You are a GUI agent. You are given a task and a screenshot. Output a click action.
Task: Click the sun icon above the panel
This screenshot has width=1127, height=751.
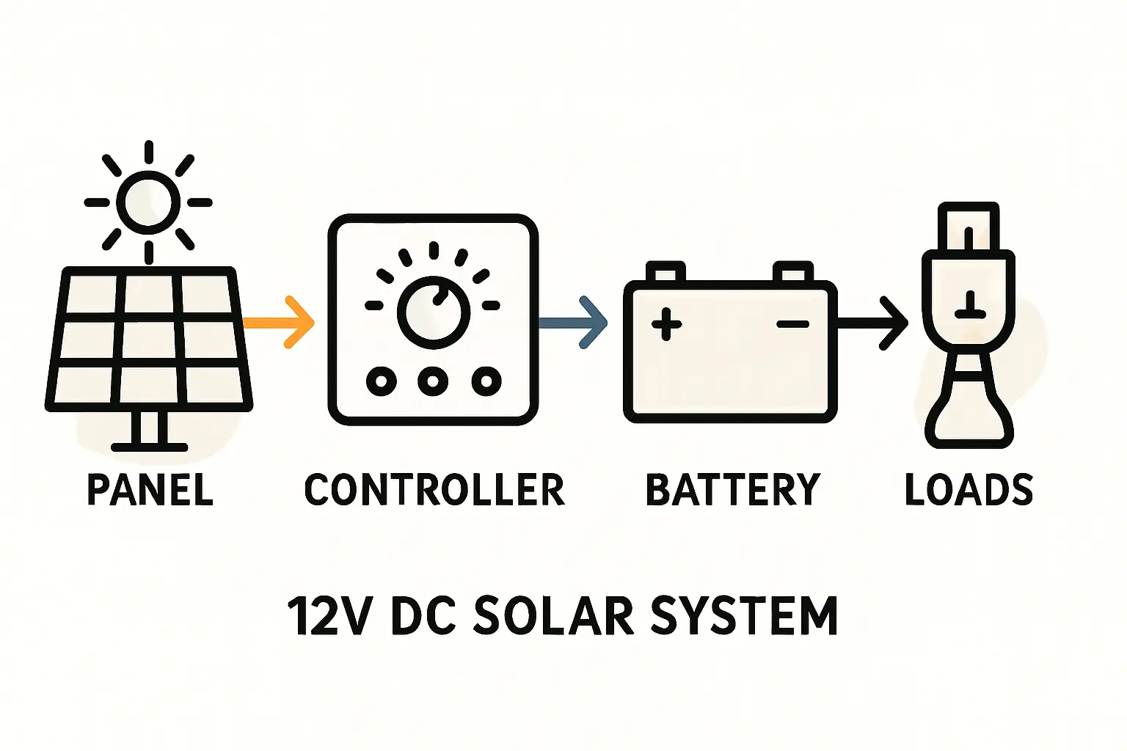point(148,202)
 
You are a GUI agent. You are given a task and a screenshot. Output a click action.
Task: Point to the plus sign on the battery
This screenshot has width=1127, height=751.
point(666,323)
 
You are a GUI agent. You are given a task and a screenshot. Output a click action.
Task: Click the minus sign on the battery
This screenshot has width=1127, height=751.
point(792,323)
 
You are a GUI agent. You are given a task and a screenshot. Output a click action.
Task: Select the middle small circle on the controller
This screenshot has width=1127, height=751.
point(433,381)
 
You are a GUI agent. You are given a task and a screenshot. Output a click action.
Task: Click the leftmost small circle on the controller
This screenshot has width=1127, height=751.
point(382,381)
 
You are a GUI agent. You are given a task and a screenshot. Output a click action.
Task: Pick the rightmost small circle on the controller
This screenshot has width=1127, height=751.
point(486,381)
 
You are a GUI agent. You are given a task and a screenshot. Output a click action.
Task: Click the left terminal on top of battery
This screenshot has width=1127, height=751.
point(665,272)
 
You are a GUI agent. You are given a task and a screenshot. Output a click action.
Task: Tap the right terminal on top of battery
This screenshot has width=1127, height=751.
point(793,272)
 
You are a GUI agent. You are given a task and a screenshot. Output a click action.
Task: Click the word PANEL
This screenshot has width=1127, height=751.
point(150,490)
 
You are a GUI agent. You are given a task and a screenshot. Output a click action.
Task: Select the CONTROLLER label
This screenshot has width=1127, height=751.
point(434,490)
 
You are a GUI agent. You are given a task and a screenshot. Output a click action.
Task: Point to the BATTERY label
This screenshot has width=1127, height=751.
point(732,490)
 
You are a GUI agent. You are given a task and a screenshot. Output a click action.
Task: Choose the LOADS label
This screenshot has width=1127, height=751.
point(969,490)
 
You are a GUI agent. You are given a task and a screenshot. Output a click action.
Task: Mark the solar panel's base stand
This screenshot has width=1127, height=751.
point(150,433)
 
